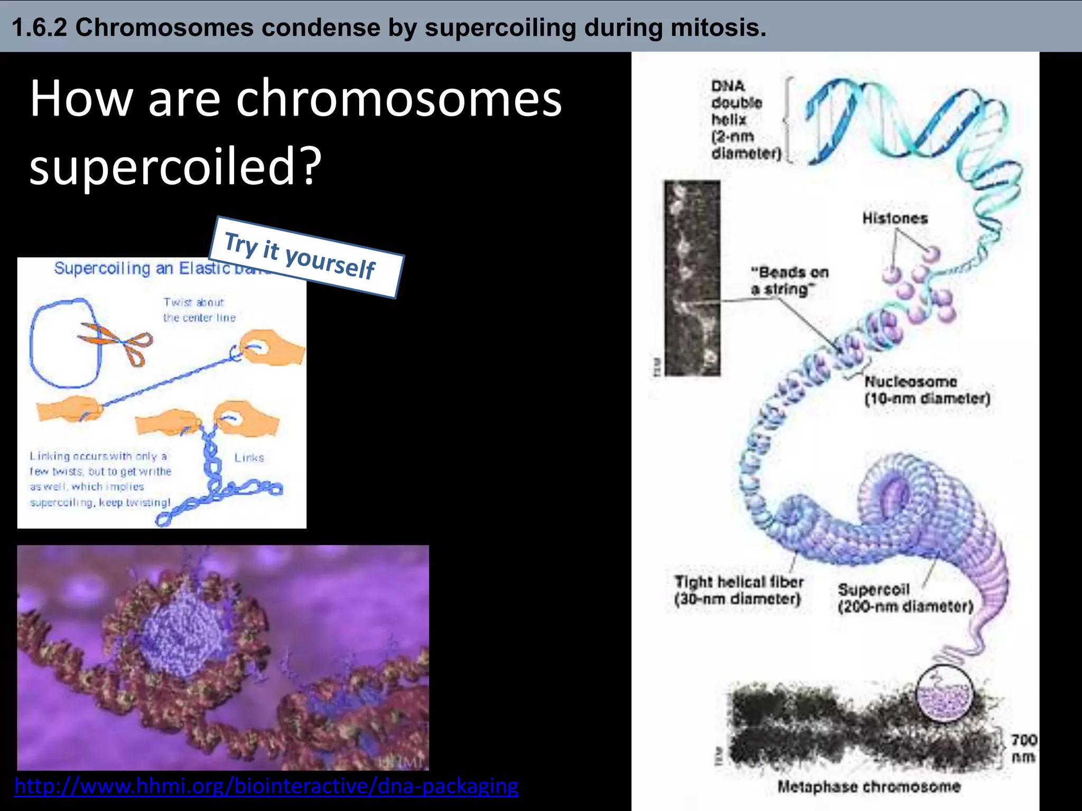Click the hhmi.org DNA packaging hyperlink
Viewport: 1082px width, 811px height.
pyautogui.click(x=266, y=786)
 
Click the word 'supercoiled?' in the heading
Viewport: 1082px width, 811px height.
pyautogui.click(x=174, y=166)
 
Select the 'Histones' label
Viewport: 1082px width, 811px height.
pyautogui.click(x=894, y=218)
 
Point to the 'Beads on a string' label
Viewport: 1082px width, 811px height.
pyautogui.click(x=789, y=281)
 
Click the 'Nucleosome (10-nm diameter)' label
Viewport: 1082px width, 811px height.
pyautogui.click(x=927, y=390)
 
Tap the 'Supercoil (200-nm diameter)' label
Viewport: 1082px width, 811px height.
pyautogui.click(x=904, y=598)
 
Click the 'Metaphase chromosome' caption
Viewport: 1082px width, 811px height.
pyautogui.click(x=868, y=787)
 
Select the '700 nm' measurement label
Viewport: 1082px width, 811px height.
pyautogui.click(x=1023, y=748)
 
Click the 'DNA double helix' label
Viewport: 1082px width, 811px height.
pyautogui.click(x=745, y=119)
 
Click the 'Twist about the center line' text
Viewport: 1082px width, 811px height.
pyautogui.click(x=199, y=310)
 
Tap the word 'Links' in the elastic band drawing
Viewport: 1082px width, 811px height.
pyautogui.click(x=249, y=458)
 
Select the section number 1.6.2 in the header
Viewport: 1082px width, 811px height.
pyautogui.click(x=39, y=27)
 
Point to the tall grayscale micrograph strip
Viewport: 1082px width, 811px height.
pyautogui.click(x=692, y=278)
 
